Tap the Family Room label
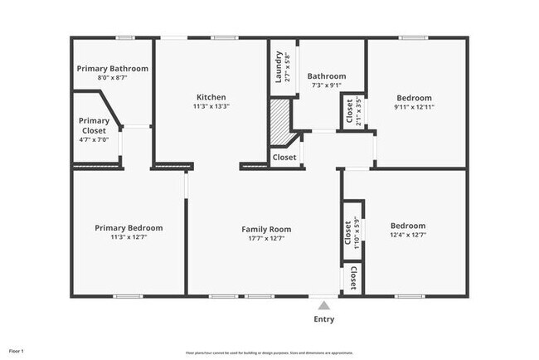[x=266, y=228]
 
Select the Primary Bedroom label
[x=129, y=227]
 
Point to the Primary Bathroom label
[x=112, y=68]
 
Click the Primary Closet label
[x=94, y=125]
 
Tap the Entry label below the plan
[x=324, y=319]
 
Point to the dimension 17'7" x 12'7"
[x=266, y=238]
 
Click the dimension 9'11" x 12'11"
[x=414, y=107]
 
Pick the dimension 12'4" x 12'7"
[x=408, y=236]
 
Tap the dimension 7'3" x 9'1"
[x=326, y=85]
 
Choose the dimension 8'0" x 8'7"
[x=112, y=77]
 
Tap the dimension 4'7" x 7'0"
[x=94, y=139]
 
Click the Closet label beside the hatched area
[x=284, y=157]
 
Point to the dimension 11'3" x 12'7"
[x=129, y=237]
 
